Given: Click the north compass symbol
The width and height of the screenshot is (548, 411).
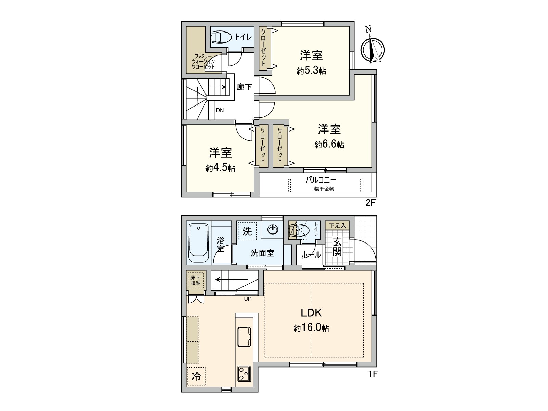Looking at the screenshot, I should [373, 49].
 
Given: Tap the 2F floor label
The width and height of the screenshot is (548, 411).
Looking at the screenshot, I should [371, 203].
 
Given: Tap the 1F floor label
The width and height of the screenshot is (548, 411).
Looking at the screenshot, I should [373, 374].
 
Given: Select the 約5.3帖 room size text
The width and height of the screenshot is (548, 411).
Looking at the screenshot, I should [311, 71].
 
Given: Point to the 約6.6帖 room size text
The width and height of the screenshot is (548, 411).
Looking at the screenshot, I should [329, 145].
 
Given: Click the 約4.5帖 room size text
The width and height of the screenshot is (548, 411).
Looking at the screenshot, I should [220, 168].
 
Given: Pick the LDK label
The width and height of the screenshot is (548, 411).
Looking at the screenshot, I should [311, 313].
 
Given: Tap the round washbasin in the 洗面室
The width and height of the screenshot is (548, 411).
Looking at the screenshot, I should [273, 229].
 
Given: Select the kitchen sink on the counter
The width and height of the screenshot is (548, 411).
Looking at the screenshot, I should [244, 337].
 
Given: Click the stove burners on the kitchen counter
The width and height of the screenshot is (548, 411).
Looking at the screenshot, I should [244, 374].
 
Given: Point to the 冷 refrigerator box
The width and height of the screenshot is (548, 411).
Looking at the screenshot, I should [196, 376].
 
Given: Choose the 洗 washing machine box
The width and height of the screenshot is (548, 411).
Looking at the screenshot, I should [247, 231].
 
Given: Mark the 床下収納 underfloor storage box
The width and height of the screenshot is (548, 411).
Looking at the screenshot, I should [196, 281].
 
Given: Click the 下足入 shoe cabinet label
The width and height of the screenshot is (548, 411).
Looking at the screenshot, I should [337, 225].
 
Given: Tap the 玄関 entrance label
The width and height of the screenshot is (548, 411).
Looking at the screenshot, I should [337, 247].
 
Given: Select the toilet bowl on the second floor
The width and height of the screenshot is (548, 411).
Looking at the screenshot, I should [221, 37].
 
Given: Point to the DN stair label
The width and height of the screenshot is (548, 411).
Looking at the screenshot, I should [220, 110].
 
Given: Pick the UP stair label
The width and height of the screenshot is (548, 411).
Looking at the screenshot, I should [248, 299].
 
